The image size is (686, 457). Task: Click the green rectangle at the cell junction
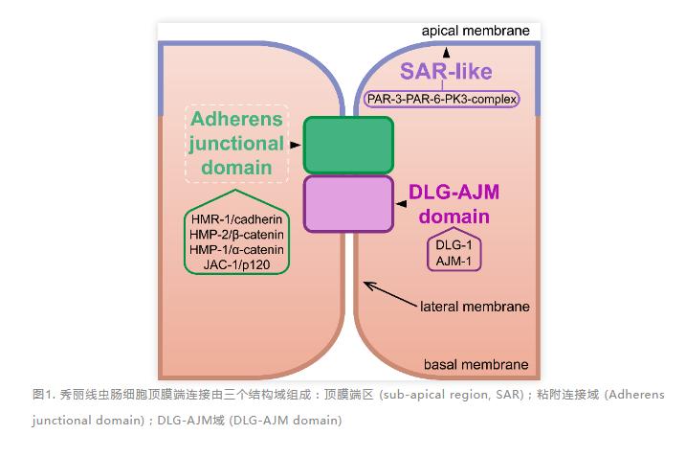click(348, 145)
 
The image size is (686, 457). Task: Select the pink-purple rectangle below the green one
click(348, 203)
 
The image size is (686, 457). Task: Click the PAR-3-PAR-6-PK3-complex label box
click(442, 98)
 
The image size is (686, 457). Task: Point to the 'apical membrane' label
click(476, 31)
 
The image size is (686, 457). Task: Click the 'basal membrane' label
click(476, 364)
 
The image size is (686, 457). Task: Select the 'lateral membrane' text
click(475, 307)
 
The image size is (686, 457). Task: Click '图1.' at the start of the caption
click(44, 395)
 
